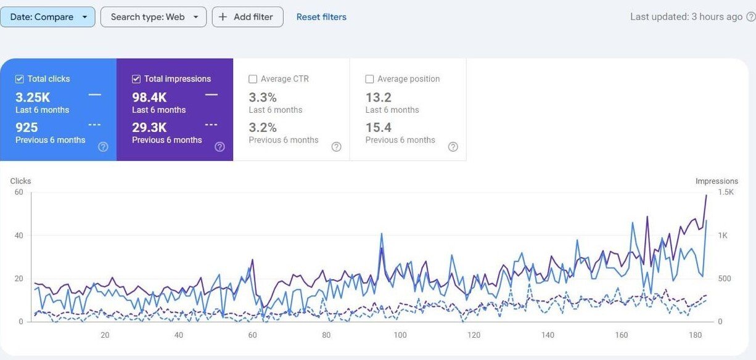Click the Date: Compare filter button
[x=47, y=17]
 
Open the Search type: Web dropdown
[x=153, y=17]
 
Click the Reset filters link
[x=321, y=17]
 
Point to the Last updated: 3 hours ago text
[x=686, y=17]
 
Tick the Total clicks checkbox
[x=20, y=79]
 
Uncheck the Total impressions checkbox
[x=136, y=79]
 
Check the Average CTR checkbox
[x=253, y=79]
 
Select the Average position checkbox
[x=369, y=79]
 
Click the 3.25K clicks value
[x=33, y=97]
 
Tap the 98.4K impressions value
[x=149, y=97]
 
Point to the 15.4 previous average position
[x=379, y=128]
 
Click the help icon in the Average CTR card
[x=336, y=147]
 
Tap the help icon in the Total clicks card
[x=103, y=147]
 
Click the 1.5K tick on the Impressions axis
[x=726, y=192]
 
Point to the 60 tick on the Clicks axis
[x=18, y=192]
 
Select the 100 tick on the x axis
[x=400, y=335]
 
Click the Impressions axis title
[x=717, y=181]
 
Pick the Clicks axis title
[x=20, y=181]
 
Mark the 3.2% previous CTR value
[x=263, y=128]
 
